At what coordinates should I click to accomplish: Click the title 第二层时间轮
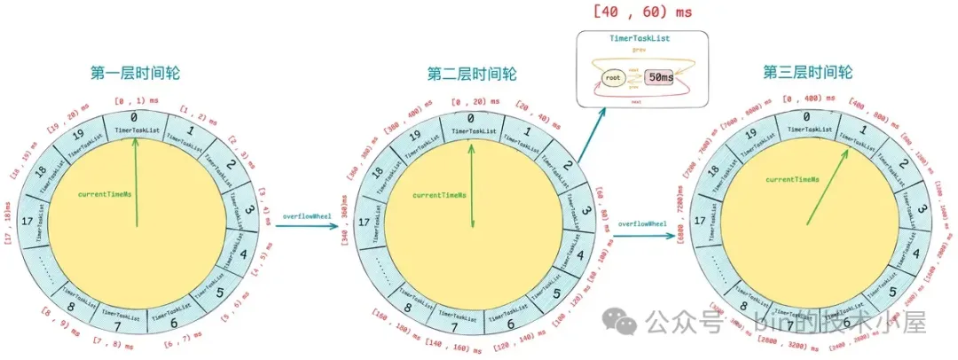click(471, 73)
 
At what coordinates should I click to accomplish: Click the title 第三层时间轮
click(807, 73)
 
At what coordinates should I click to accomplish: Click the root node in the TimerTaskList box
click(612, 79)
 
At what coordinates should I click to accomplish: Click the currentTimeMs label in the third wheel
click(791, 180)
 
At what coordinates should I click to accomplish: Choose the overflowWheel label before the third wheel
click(643, 223)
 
